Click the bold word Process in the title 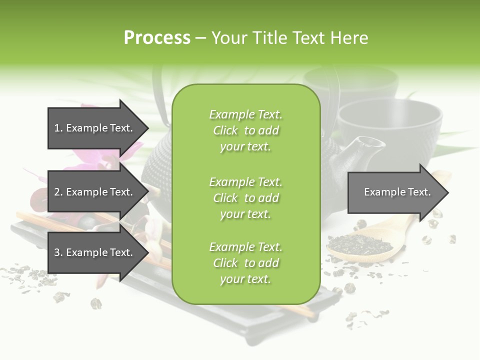pyautogui.click(x=157, y=38)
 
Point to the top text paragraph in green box pyautogui.click(x=245, y=130)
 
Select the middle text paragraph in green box pyautogui.click(x=245, y=198)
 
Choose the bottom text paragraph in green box pyautogui.click(x=245, y=263)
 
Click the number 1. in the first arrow pyautogui.click(x=58, y=128)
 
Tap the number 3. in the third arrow pyautogui.click(x=58, y=252)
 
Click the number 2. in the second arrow pyautogui.click(x=58, y=192)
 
